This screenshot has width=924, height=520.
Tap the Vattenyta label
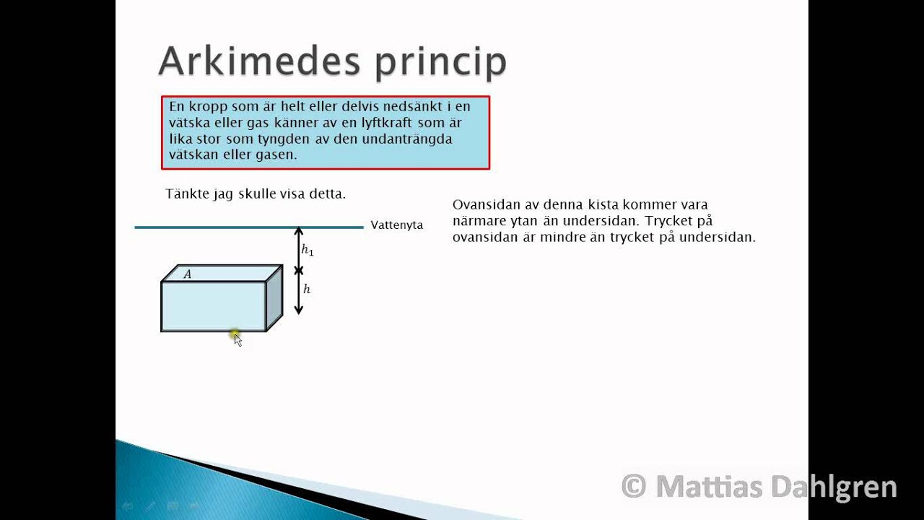tap(396, 225)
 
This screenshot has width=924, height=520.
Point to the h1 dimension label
tap(308, 251)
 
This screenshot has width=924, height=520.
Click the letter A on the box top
tap(188, 274)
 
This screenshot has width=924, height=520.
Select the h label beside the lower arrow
tap(307, 289)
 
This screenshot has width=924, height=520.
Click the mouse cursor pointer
tap(237, 339)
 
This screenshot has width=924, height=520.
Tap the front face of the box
tap(213, 306)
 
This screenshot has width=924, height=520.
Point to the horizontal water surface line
tap(217, 227)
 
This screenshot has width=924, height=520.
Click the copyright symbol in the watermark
tap(633, 487)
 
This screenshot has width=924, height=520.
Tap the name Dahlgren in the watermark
tap(833, 487)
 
